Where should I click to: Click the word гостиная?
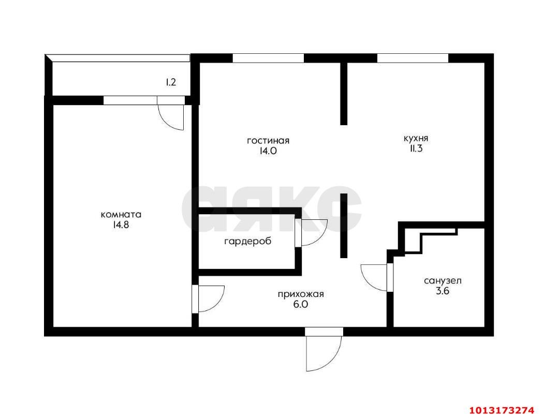tap(268, 141)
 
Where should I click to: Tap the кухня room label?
tap(416, 139)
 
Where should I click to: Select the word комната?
tap(121, 215)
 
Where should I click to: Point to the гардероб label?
tap(247, 242)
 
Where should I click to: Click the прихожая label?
tap(301, 294)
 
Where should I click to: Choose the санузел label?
tap(443, 281)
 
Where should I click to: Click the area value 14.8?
tap(121, 225)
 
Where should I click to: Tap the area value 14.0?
tap(268, 152)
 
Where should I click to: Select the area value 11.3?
tap(416, 150)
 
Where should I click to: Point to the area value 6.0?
tap(301, 305)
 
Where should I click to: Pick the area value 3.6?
tap(443, 292)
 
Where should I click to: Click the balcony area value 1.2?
tap(171, 82)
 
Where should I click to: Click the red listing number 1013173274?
tap(501, 411)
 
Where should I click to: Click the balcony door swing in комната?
tap(171, 117)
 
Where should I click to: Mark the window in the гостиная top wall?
tap(268, 58)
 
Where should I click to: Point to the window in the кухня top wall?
tap(413, 58)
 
